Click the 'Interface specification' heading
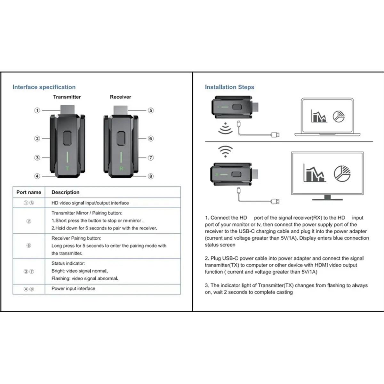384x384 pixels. [44, 87]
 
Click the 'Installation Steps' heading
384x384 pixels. [229, 87]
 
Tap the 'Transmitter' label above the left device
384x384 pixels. [67, 97]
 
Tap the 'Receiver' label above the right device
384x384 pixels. [121, 97]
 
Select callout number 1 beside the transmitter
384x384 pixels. [37, 110]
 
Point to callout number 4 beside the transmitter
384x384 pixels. [37, 176]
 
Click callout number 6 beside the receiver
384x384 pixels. [151, 139]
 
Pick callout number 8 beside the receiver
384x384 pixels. [151, 176]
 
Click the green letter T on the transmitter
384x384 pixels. [67, 168]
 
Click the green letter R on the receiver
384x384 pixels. [121, 168]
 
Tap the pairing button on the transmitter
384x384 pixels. [67, 138]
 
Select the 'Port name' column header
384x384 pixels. [29, 192]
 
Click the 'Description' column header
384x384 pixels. [65, 192]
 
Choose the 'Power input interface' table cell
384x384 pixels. [73, 289]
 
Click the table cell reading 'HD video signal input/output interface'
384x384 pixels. [90, 203]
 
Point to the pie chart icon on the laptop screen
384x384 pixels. [339, 116]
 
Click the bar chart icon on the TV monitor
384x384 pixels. [315, 173]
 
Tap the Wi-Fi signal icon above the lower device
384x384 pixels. [225, 151]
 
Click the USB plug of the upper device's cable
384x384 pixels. [275, 135]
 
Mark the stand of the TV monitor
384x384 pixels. [327, 197]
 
